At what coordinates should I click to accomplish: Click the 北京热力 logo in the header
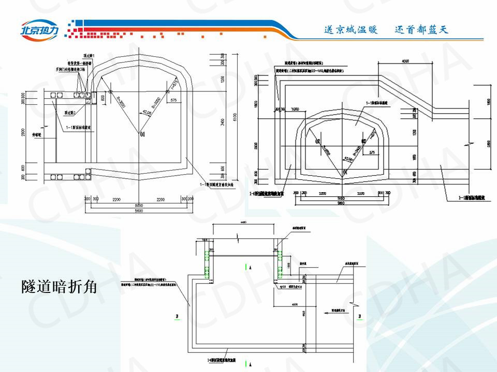40,29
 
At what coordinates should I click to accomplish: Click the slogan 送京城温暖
352,30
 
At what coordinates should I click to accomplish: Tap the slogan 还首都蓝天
421,30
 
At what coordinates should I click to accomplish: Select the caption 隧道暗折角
60,286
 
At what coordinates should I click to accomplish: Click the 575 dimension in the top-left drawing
173,99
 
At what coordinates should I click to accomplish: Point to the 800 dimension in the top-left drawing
103,97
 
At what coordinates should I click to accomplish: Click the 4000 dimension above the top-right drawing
408,61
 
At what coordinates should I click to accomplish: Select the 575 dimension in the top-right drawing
371,152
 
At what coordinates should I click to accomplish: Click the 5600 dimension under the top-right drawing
341,203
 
